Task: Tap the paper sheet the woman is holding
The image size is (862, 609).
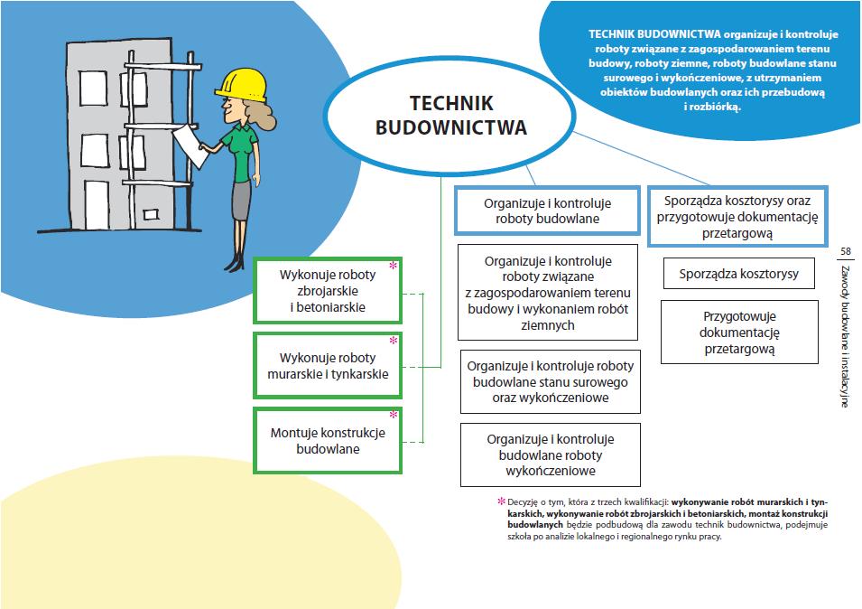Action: click(x=190, y=145)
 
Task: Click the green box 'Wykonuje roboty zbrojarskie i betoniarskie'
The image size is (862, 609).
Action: click(x=328, y=291)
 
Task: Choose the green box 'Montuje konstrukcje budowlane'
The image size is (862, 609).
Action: click(x=328, y=440)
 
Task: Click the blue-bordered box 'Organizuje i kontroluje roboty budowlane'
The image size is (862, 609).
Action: click(x=547, y=211)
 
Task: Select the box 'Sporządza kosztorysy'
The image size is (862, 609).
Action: click(x=738, y=274)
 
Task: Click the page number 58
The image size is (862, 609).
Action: click(x=845, y=251)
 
